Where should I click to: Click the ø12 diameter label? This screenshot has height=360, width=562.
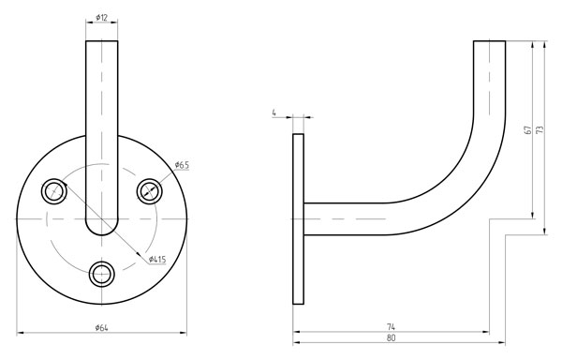(102, 17)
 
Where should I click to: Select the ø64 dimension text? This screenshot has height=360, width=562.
(102, 327)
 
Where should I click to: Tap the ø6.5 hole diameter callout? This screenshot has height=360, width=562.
(182, 165)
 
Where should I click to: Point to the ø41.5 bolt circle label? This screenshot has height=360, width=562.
(157, 259)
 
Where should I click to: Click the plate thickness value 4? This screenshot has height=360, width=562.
(274, 112)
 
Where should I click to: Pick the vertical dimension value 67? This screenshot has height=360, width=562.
(527, 129)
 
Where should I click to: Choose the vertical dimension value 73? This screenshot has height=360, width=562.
(540, 129)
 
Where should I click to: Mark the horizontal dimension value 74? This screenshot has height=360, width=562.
(391, 326)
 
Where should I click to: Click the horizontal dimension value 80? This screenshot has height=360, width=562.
(391, 337)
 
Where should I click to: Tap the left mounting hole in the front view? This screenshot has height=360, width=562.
(54, 190)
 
